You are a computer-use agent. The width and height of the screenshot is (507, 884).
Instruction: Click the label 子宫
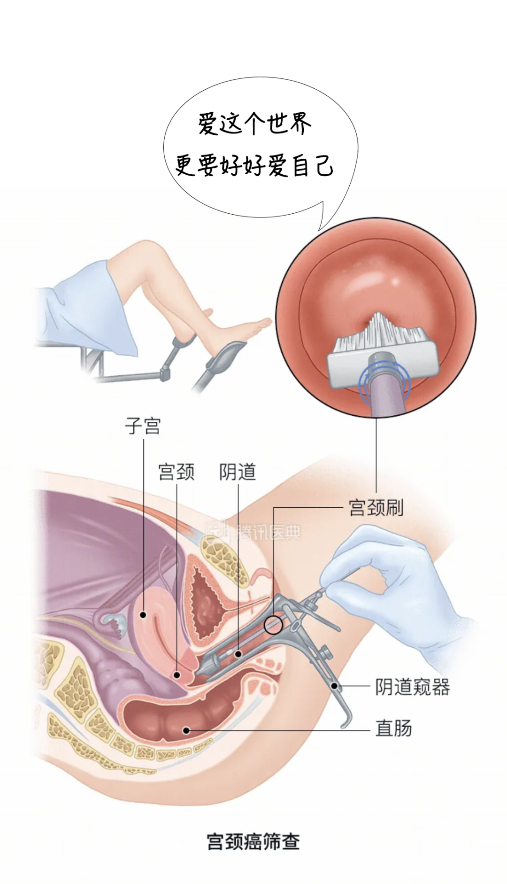pos(143,426)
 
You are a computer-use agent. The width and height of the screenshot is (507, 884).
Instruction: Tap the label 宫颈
pos(176,472)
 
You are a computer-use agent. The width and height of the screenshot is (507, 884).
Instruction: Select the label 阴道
pos(238,472)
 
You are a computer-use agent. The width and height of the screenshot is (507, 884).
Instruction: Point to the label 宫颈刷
pos(376,507)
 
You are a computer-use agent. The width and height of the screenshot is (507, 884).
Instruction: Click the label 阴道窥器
pos(412,687)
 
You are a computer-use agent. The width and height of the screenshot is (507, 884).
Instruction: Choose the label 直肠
pos(393,729)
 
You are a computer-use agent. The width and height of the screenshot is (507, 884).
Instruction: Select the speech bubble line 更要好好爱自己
pos(254,165)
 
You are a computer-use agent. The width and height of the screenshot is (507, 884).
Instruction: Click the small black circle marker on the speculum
pos(273,625)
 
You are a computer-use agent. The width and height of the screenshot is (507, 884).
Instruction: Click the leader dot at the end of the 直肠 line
pos(186,730)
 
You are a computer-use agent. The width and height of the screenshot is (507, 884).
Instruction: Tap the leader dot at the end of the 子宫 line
pos(143,614)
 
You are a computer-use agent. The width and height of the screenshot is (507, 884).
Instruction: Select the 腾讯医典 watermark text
pos(268,532)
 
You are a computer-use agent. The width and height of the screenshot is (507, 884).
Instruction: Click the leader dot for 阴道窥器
pos(335,686)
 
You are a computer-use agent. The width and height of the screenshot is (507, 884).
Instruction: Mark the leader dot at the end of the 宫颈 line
pos(177,675)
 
